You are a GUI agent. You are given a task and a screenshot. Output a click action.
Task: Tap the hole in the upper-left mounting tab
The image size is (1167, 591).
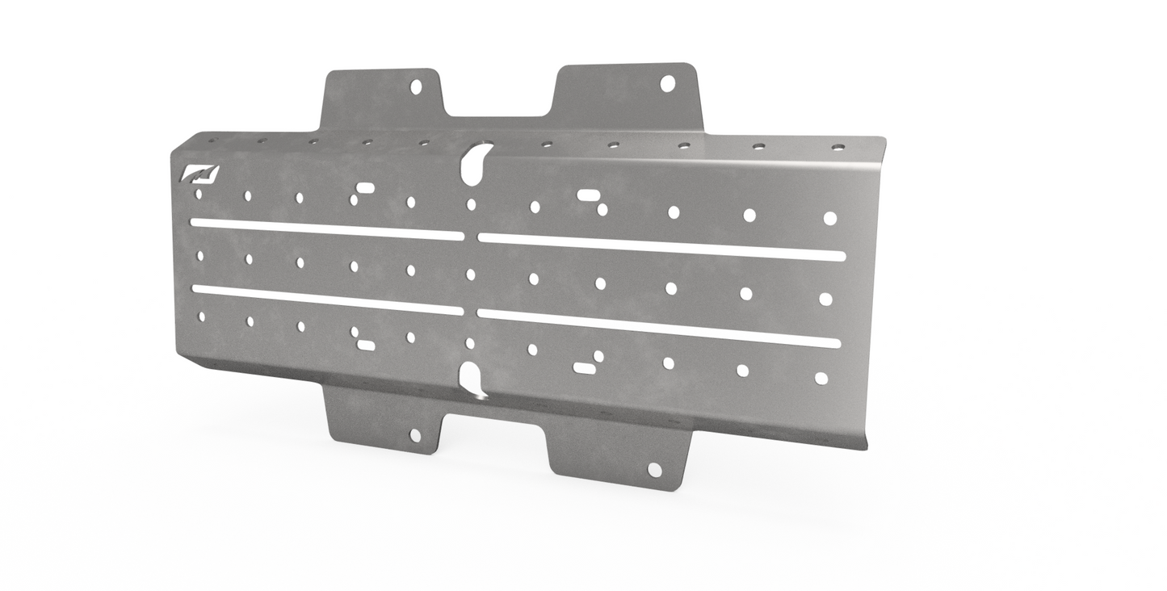point(416,86)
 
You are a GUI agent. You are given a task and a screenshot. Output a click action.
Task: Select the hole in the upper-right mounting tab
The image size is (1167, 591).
point(667,83)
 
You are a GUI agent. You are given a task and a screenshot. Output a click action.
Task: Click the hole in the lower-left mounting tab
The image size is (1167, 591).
point(415,435)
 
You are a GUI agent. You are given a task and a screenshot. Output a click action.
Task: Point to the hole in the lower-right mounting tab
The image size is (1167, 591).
point(654,470)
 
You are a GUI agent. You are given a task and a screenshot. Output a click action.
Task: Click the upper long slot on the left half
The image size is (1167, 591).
point(327,229)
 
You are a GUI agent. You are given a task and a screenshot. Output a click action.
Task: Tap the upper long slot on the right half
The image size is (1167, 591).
point(661,247)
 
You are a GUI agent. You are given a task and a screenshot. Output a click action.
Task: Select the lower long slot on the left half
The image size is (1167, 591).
point(327,300)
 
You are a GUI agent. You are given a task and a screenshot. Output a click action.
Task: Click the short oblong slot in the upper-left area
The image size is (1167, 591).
point(365,188)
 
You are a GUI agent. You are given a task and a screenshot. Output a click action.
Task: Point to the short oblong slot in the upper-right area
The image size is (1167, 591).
point(587,195)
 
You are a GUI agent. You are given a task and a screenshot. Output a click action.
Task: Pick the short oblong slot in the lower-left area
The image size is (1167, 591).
point(366,346)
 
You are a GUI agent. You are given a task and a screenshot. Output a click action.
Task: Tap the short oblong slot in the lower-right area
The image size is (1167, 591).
point(584,368)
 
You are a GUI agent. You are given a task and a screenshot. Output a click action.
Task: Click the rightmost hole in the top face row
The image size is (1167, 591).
point(829,218)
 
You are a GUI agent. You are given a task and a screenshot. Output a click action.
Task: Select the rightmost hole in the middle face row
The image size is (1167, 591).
point(825,299)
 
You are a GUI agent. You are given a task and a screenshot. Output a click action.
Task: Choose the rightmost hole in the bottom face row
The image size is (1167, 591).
point(821,378)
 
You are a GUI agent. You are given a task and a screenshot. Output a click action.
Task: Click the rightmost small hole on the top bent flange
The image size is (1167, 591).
point(838,148)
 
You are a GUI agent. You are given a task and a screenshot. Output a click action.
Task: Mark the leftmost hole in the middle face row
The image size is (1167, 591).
point(200,256)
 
